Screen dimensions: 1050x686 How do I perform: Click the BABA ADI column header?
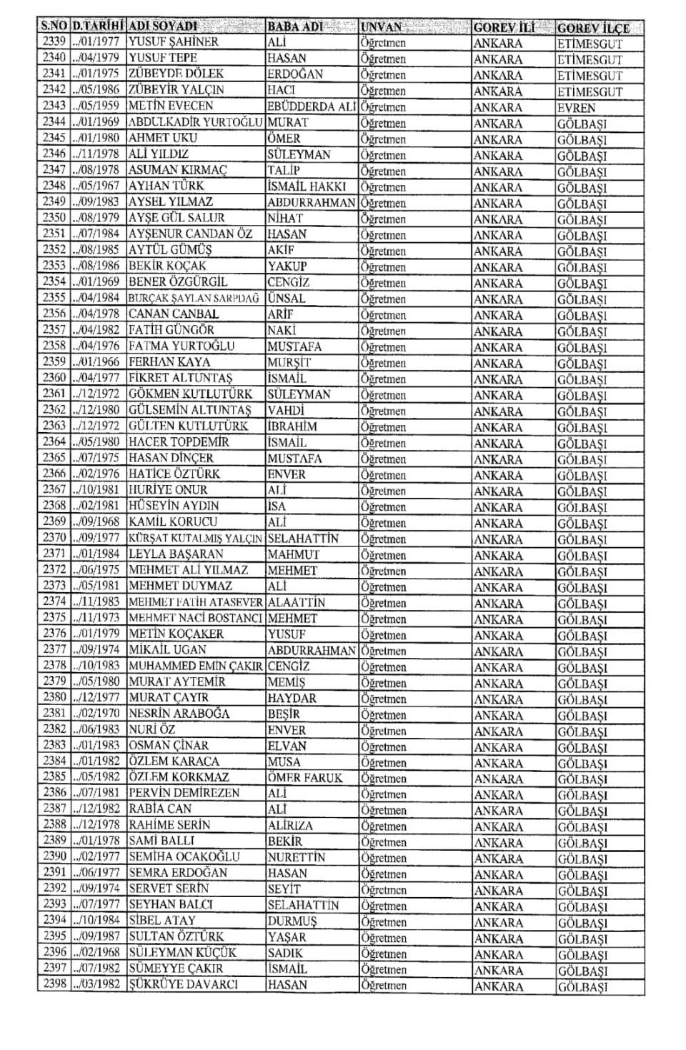295,27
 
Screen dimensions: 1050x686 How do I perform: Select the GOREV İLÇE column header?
593,28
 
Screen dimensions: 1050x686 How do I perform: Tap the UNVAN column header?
382,27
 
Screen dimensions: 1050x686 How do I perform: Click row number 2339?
54,41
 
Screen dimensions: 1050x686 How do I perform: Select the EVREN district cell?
576,108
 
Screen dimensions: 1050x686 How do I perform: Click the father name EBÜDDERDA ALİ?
312,106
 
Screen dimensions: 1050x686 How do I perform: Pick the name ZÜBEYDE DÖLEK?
176,74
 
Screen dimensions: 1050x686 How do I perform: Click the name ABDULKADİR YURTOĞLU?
196,122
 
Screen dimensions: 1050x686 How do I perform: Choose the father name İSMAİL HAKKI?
307,186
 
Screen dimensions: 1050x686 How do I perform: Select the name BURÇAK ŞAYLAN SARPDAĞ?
194,299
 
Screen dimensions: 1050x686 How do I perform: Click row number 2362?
54,410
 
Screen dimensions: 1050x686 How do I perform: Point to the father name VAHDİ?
286,410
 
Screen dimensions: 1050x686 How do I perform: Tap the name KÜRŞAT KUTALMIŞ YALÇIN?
195,539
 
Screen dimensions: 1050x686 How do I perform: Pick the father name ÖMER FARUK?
305,778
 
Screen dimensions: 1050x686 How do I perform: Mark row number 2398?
54,984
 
